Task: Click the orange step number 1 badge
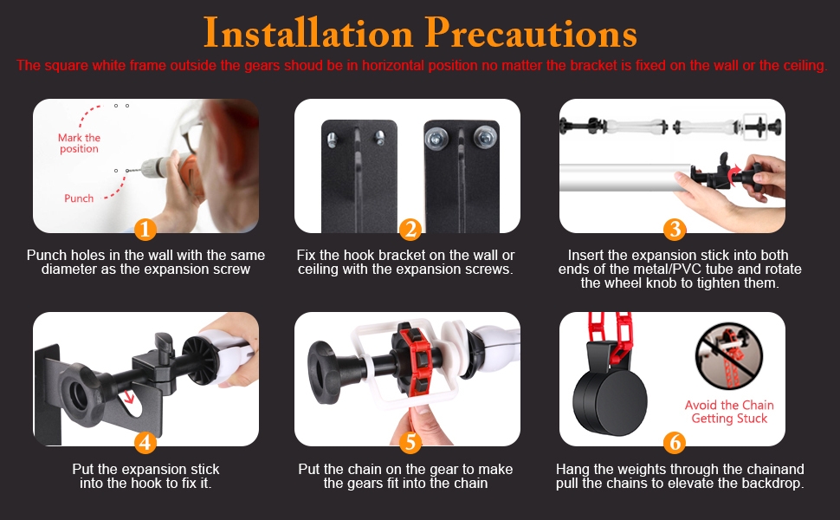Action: [145, 230]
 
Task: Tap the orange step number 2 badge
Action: [410, 230]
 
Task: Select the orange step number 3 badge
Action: [675, 230]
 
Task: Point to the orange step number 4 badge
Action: [145, 443]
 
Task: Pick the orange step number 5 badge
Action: [410, 443]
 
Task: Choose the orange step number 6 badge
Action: [675, 443]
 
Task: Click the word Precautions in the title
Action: [531, 33]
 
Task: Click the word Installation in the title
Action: [308, 33]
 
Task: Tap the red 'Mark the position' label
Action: [80, 143]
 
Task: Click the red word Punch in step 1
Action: [79, 198]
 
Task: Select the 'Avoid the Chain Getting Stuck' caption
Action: [729, 412]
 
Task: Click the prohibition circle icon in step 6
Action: [728, 356]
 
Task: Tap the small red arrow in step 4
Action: [128, 397]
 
